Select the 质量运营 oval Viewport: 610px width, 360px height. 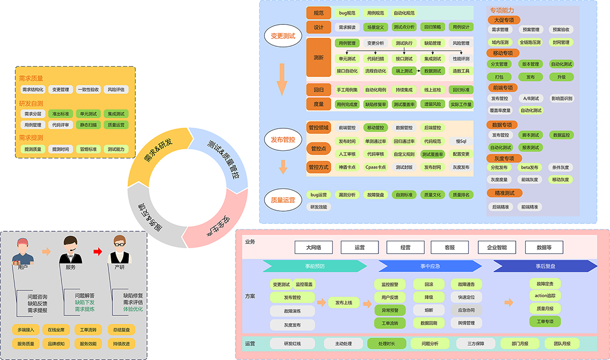(283, 199)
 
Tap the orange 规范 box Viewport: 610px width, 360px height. (318, 12)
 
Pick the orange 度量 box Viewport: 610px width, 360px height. (318, 104)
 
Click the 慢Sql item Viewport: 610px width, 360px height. (461, 141)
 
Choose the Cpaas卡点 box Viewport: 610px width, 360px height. (376, 167)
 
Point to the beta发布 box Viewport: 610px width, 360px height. (530, 167)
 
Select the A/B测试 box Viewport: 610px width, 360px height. (530, 98)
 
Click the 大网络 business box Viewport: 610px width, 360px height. (313, 247)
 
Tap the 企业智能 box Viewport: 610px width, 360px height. (497, 247)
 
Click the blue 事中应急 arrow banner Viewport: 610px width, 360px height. (429, 266)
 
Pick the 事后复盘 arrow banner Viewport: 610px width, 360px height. (545, 266)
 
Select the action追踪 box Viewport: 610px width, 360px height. (545, 296)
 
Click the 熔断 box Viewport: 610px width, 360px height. (429, 310)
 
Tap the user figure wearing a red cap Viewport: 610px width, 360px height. (23, 252)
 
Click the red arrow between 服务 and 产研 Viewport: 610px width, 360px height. (98, 251)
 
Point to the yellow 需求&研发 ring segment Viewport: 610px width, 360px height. (157, 154)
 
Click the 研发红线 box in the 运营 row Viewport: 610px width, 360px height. (293, 344)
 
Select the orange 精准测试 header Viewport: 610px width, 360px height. (504, 193)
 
